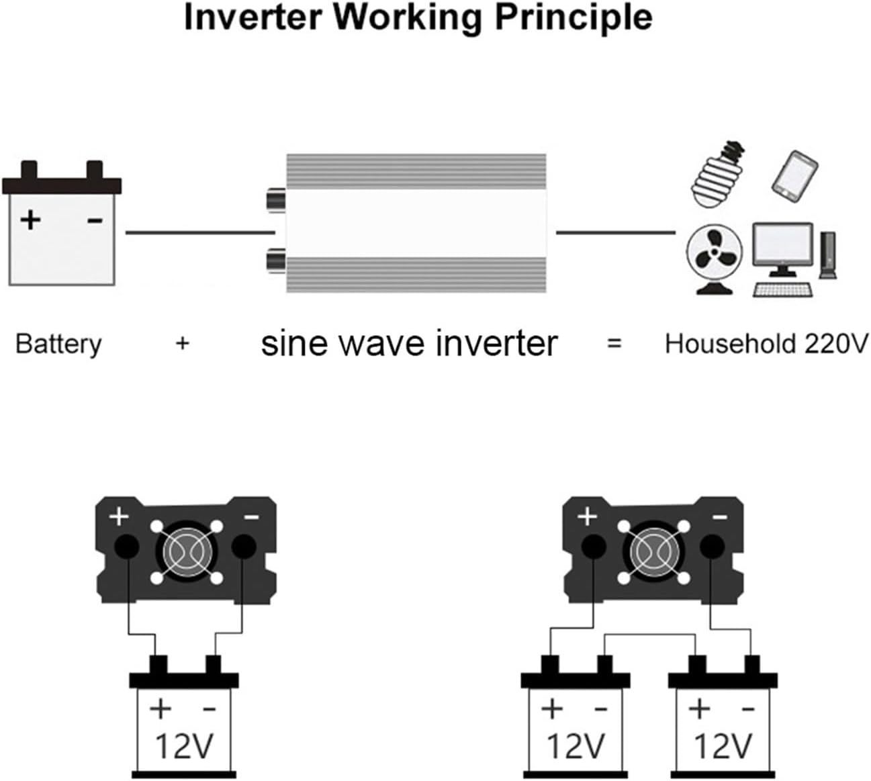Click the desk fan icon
point(714,259)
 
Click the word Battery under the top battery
point(58,344)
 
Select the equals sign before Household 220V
point(614,344)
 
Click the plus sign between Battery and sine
point(183,344)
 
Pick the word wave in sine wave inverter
point(384,344)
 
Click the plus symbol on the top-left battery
point(30,220)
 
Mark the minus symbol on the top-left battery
point(95,220)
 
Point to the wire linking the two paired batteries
point(650,635)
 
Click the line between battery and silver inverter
point(199,233)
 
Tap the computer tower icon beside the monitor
point(828,255)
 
